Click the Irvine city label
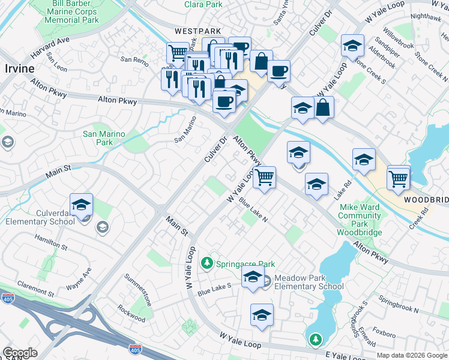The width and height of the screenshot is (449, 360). click(20, 68)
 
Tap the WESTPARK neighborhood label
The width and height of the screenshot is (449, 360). click(198, 31)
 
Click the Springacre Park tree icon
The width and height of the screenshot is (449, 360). click(207, 263)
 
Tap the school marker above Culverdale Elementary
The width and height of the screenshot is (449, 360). click(81, 205)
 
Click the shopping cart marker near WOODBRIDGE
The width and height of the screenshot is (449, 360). click(399, 178)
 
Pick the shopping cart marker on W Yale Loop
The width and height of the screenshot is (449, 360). click(264, 178)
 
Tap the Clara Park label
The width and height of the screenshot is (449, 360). click(203, 4)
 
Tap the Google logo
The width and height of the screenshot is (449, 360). click(20, 353)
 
